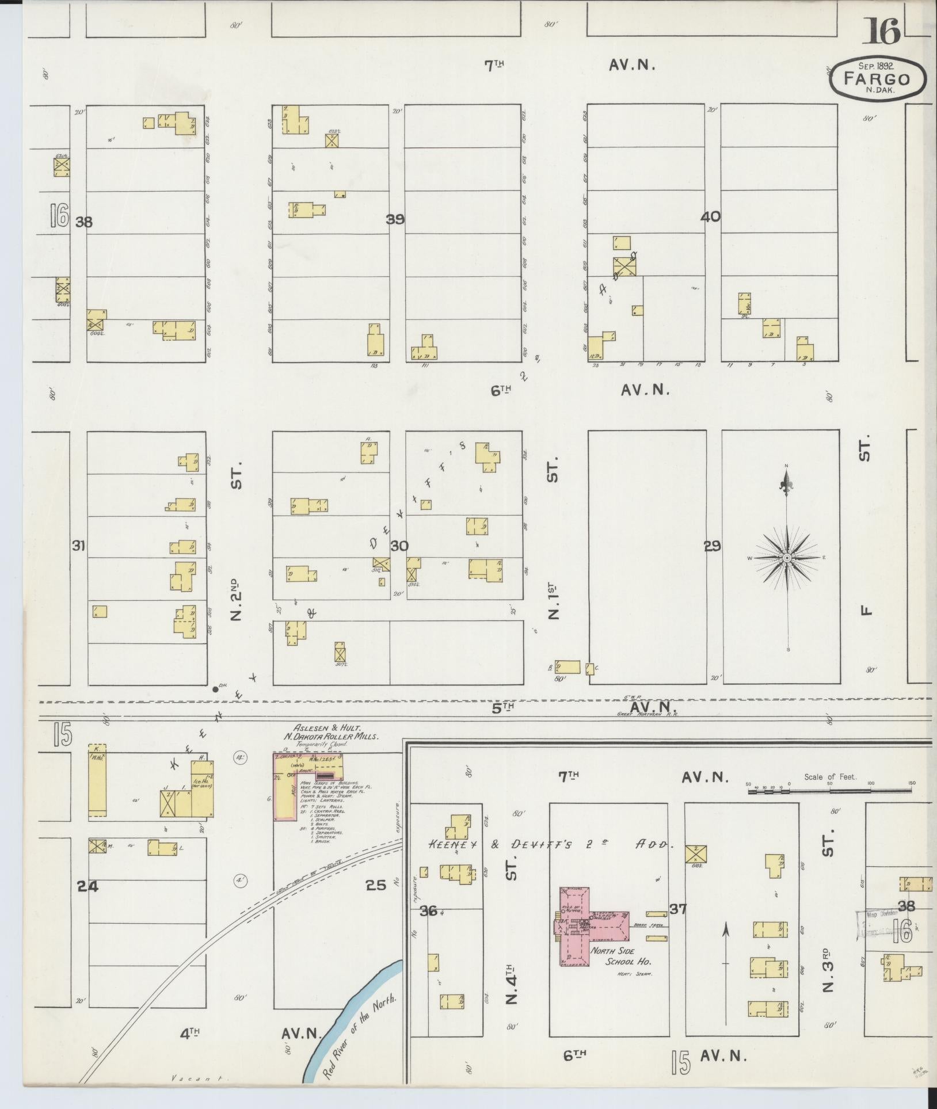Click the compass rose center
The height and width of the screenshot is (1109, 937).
click(787, 558)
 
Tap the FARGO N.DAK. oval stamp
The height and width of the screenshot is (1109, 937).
click(878, 79)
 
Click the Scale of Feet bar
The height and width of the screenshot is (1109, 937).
click(829, 792)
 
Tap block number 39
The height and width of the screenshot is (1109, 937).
click(395, 219)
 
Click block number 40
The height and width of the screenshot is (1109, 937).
click(710, 217)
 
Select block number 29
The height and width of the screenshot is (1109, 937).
click(713, 546)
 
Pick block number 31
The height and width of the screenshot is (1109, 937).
click(78, 545)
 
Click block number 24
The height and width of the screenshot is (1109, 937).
click(88, 887)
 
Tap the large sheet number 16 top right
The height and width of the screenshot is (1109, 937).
click(881, 32)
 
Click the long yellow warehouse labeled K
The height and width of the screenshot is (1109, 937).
click(97, 780)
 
